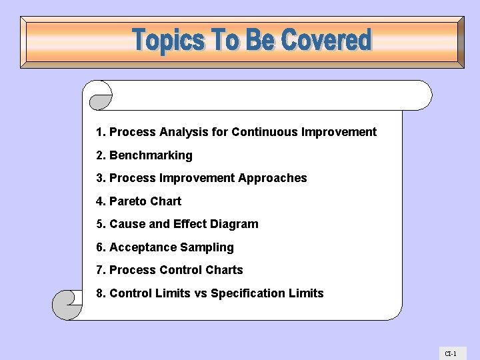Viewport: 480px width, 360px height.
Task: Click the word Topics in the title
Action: [x=169, y=41]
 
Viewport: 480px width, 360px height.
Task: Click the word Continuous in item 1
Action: [x=265, y=132]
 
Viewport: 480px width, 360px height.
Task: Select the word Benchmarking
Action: [x=151, y=155]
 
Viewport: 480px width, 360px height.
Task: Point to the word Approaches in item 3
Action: [x=273, y=178]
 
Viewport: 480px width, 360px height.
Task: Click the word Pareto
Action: [x=128, y=201]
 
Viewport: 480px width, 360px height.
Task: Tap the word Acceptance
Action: [x=139, y=247]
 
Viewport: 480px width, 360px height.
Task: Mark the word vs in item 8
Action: [x=201, y=293]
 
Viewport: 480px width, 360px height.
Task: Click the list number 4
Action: [x=100, y=201]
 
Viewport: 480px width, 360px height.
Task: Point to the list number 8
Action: [x=100, y=293]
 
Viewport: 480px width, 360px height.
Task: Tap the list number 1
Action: [x=100, y=132]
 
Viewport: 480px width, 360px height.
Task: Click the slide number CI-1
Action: [x=451, y=353]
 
